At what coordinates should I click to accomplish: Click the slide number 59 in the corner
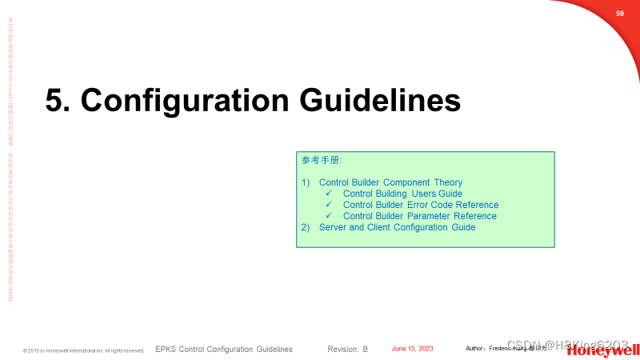coord(619,14)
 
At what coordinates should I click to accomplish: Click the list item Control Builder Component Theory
coord(390,182)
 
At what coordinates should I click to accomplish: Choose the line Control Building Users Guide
coord(402,194)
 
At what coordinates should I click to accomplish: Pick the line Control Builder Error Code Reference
coord(420,205)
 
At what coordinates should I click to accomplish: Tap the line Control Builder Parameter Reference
coord(419,216)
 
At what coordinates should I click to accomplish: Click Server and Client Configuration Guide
coord(397,227)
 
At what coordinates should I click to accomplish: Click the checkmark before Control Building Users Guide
coord(329,194)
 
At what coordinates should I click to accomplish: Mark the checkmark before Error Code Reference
coord(329,205)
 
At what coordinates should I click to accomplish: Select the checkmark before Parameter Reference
coord(329,216)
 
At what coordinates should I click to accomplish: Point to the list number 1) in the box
coord(306,182)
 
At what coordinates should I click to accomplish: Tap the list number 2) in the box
coord(306,227)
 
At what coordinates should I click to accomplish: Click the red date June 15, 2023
coord(412,349)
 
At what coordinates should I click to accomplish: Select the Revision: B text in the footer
coord(347,350)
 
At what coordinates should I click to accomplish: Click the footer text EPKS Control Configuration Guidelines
coord(223,350)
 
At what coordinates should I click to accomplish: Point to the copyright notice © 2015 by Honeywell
coord(83,350)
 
